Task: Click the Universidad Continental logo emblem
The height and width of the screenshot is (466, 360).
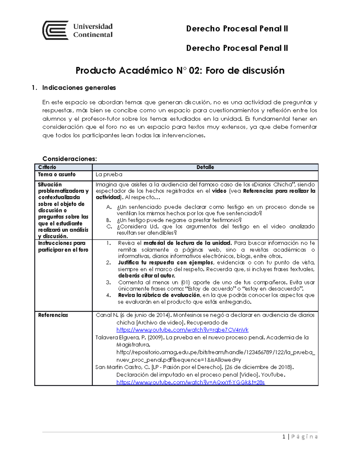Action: click(x=55, y=30)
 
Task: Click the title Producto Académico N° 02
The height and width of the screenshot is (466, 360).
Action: click(x=180, y=71)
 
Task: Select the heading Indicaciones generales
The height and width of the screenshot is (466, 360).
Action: click(x=79, y=88)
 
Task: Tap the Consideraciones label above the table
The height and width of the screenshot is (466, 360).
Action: click(x=70, y=158)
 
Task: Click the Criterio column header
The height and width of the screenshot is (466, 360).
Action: click(x=47, y=167)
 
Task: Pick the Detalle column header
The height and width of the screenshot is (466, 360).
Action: click(x=205, y=167)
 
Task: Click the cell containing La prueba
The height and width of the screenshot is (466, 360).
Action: click(x=109, y=174)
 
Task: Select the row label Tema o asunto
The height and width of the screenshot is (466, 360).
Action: click(x=57, y=174)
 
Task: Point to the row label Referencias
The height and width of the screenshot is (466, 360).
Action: click(x=53, y=315)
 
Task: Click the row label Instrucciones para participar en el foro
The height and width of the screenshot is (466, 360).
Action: click(x=63, y=246)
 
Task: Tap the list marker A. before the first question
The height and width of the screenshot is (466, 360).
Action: click(x=109, y=207)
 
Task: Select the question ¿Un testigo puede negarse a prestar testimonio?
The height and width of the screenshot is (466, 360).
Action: click(x=179, y=220)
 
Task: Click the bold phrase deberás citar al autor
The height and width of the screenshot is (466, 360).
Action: click(x=146, y=275)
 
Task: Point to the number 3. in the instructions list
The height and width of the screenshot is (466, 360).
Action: click(x=109, y=282)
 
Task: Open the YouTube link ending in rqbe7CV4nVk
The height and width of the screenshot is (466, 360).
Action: click(x=182, y=330)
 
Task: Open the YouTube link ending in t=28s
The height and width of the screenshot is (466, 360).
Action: click(x=190, y=382)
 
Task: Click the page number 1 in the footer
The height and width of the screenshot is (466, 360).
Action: click(x=284, y=437)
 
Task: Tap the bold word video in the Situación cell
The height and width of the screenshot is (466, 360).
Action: click(x=219, y=191)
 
